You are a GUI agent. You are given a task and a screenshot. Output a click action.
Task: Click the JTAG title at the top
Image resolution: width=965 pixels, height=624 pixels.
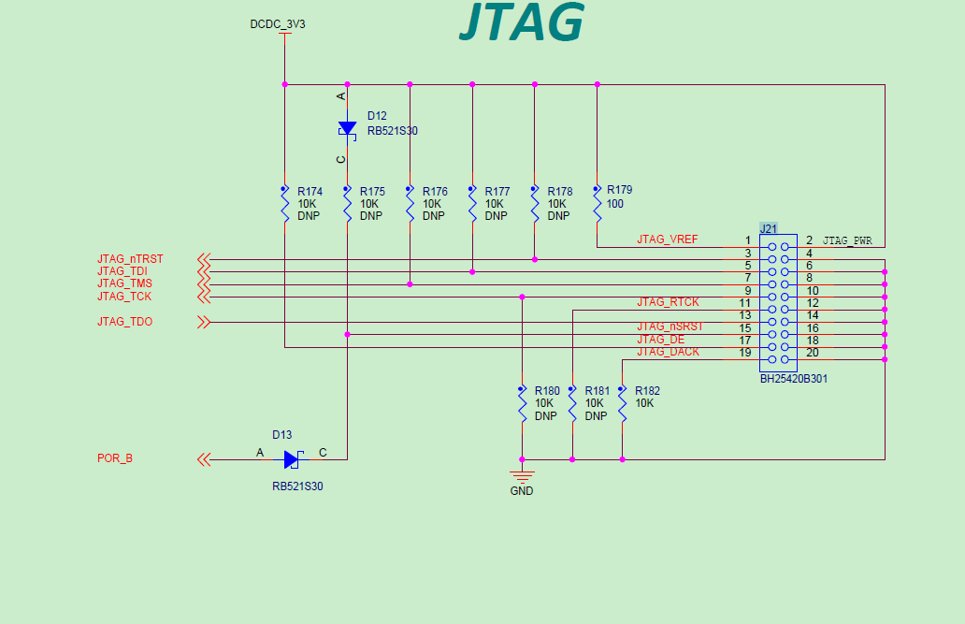pyautogui.click(x=522, y=22)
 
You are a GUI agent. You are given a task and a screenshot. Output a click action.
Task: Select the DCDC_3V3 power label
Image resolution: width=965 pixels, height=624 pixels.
pyautogui.click(x=278, y=24)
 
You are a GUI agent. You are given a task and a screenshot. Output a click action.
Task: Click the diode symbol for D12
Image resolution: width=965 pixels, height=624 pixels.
pyautogui.click(x=347, y=128)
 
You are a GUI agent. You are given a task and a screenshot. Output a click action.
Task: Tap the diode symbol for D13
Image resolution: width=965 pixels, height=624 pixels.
pyautogui.click(x=292, y=459)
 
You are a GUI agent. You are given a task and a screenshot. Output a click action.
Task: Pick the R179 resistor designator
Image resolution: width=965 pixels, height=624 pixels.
pyautogui.click(x=619, y=190)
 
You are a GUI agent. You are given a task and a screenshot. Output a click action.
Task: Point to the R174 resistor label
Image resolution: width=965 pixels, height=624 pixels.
pyautogui.click(x=310, y=192)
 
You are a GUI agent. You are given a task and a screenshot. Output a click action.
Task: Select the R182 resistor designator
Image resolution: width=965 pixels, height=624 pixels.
pyautogui.click(x=647, y=391)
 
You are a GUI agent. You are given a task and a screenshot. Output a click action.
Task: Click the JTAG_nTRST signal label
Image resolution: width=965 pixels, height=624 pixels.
pyautogui.click(x=130, y=259)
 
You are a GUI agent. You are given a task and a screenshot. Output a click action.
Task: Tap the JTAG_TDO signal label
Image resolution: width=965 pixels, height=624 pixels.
pyautogui.click(x=124, y=322)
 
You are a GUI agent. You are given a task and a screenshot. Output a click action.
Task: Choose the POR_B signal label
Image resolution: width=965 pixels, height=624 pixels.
pyautogui.click(x=115, y=458)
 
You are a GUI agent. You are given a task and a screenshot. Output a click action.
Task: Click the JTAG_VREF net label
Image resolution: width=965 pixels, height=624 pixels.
pyautogui.click(x=667, y=239)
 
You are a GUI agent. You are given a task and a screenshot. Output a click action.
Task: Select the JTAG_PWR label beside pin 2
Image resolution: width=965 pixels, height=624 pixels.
pyautogui.click(x=847, y=241)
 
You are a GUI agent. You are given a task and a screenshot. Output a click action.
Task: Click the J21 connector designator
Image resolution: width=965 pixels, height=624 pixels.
pyautogui.click(x=769, y=228)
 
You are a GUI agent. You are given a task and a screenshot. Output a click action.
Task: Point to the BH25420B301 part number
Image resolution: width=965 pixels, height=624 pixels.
pyautogui.click(x=793, y=379)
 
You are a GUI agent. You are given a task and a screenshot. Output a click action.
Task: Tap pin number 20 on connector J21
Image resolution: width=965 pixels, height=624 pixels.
pyautogui.click(x=812, y=353)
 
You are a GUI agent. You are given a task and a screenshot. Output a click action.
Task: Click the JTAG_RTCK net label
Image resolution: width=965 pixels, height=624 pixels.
pyautogui.click(x=668, y=302)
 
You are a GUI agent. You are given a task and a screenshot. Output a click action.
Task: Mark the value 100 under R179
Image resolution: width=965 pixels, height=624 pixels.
pyautogui.click(x=614, y=204)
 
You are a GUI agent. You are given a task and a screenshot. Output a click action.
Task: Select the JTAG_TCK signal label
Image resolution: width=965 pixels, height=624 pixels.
pyautogui.click(x=124, y=297)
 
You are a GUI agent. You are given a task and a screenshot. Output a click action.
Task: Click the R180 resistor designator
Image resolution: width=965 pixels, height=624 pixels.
pyautogui.click(x=547, y=391)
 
